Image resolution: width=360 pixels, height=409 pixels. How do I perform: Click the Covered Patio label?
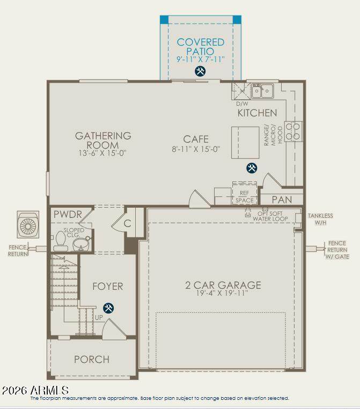pyautogui.click(x=201, y=47)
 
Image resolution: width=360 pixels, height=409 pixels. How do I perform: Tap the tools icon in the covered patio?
pyautogui.click(x=200, y=71)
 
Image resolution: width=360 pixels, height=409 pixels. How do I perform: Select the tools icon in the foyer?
pyautogui.click(x=108, y=308)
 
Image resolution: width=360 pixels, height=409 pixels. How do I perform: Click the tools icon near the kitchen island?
pyautogui.click(x=252, y=167)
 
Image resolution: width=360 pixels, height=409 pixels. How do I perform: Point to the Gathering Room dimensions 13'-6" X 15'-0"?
pyautogui.click(x=102, y=153)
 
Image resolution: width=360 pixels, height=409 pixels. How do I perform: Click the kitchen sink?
pyautogui.click(x=262, y=91)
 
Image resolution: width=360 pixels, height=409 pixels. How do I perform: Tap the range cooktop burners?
pyautogui.click(x=293, y=132)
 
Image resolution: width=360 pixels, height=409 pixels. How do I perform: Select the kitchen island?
pyautogui.click(x=245, y=142)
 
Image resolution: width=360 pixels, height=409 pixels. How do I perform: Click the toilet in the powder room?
pyautogui.click(x=61, y=242)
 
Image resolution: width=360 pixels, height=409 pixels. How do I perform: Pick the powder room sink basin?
pyautogui.click(x=81, y=244)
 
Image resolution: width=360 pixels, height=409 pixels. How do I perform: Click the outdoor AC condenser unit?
pyautogui.click(x=28, y=224)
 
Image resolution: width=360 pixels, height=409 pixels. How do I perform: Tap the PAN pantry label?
pyautogui.click(x=282, y=200)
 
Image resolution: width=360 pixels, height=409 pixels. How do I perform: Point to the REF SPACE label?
pyautogui.click(x=245, y=196)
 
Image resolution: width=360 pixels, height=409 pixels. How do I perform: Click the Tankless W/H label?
pyautogui.click(x=320, y=219)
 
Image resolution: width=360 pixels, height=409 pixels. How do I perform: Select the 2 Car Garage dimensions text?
pyautogui.click(x=222, y=293)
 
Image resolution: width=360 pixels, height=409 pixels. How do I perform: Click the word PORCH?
pyautogui.click(x=92, y=360)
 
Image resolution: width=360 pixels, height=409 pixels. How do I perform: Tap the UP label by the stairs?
pyautogui.click(x=99, y=317)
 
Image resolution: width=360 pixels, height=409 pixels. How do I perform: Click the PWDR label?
pyautogui.click(x=68, y=214)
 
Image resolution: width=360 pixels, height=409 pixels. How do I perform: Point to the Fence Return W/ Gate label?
pyautogui.click(x=337, y=250)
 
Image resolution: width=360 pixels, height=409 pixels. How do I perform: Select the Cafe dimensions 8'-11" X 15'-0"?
pyautogui.click(x=196, y=149)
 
